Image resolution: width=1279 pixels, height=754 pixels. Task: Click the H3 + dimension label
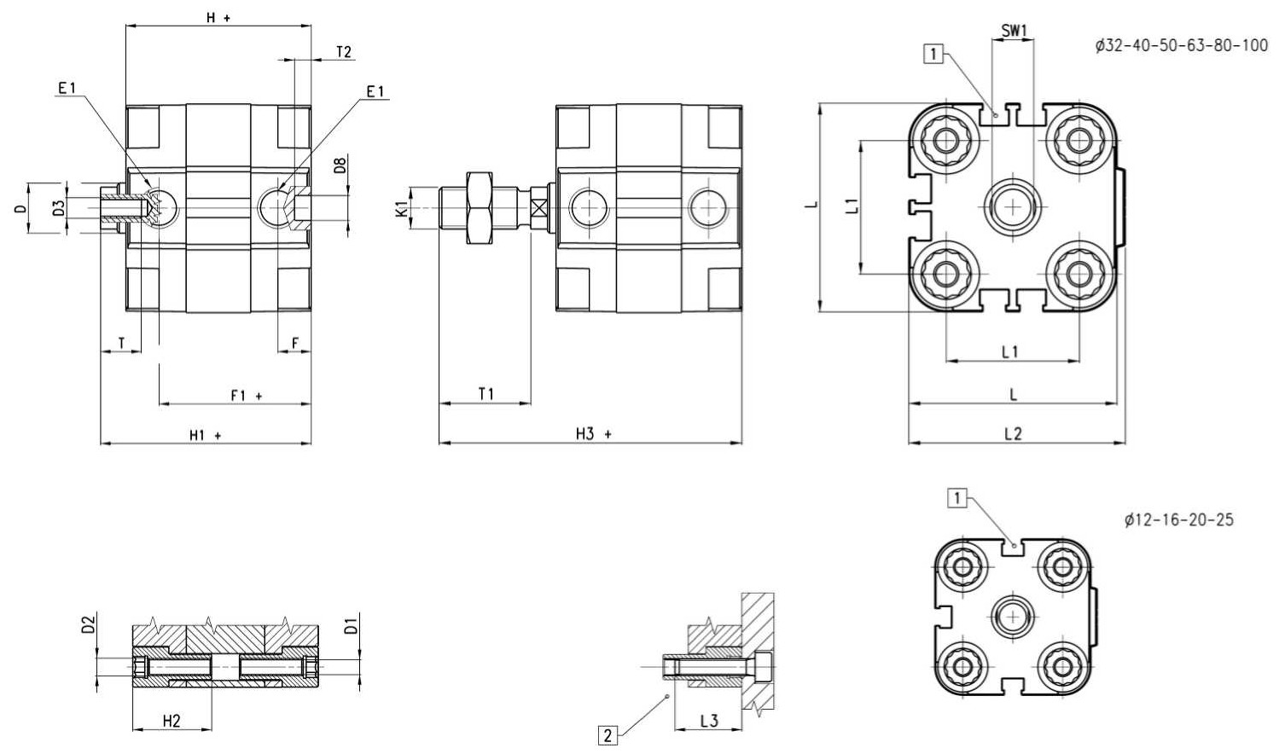pyautogui.click(x=593, y=434)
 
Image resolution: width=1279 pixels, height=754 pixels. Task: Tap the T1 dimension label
pyautogui.click(x=485, y=393)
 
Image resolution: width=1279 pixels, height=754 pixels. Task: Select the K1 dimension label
pyautogui.click(x=403, y=208)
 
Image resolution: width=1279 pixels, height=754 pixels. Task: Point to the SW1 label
pyautogui.click(x=1014, y=31)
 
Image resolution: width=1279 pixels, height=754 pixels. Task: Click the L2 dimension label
pyautogui.click(x=1013, y=433)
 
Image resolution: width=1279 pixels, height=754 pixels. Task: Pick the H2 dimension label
pyautogui.click(x=172, y=721)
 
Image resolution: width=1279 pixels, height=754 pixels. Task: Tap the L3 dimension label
pyautogui.click(x=708, y=721)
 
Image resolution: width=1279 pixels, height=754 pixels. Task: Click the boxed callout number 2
pyautogui.click(x=608, y=735)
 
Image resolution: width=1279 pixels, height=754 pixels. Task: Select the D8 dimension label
pyautogui.click(x=340, y=165)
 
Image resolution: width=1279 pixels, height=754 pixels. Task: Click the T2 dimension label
pyautogui.click(x=344, y=52)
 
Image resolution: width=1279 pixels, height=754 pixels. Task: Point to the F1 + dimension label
pyautogui.click(x=247, y=395)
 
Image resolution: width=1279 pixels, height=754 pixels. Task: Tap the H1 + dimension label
pyautogui.click(x=206, y=435)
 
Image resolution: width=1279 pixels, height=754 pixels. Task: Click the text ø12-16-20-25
pyautogui.click(x=1179, y=519)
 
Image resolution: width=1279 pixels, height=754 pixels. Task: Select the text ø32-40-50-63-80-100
pyautogui.click(x=1182, y=45)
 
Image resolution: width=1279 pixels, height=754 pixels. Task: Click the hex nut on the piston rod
pyautogui.click(x=480, y=208)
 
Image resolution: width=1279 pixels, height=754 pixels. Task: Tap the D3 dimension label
pyautogui.click(x=58, y=208)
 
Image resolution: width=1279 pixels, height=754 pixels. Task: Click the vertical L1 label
pyautogui.click(x=852, y=206)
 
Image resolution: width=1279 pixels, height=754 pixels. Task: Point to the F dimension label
pyautogui.click(x=295, y=343)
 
